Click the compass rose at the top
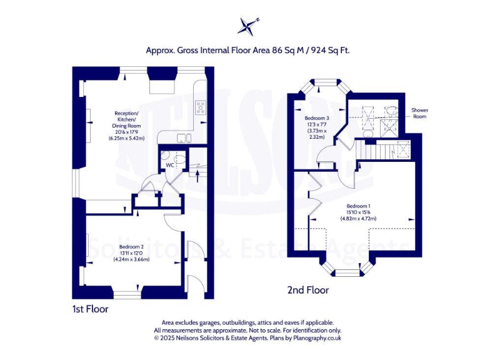[x=248, y=26]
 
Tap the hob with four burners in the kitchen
[x=201, y=107]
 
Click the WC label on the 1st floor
[x=169, y=166]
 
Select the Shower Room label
[x=419, y=112]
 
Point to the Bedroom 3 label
[x=315, y=117]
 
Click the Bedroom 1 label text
[x=359, y=206]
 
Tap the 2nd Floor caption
[x=307, y=290]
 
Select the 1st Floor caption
[x=91, y=309]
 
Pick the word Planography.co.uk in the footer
[x=314, y=337]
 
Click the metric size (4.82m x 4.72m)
[x=359, y=219]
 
